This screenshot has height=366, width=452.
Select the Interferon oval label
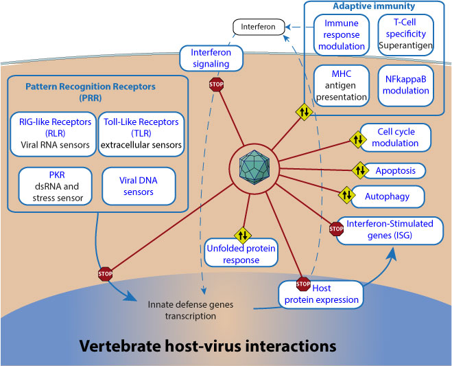coord(257,27)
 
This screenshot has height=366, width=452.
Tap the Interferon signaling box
coord(211,58)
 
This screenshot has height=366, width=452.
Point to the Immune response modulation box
coord(344,35)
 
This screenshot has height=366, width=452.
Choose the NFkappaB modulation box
coord(406,85)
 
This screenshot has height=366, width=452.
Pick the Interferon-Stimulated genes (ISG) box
coord(393,231)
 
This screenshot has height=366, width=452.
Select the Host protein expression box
coord(322,294)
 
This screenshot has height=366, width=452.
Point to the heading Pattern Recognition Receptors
coord(91,93)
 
